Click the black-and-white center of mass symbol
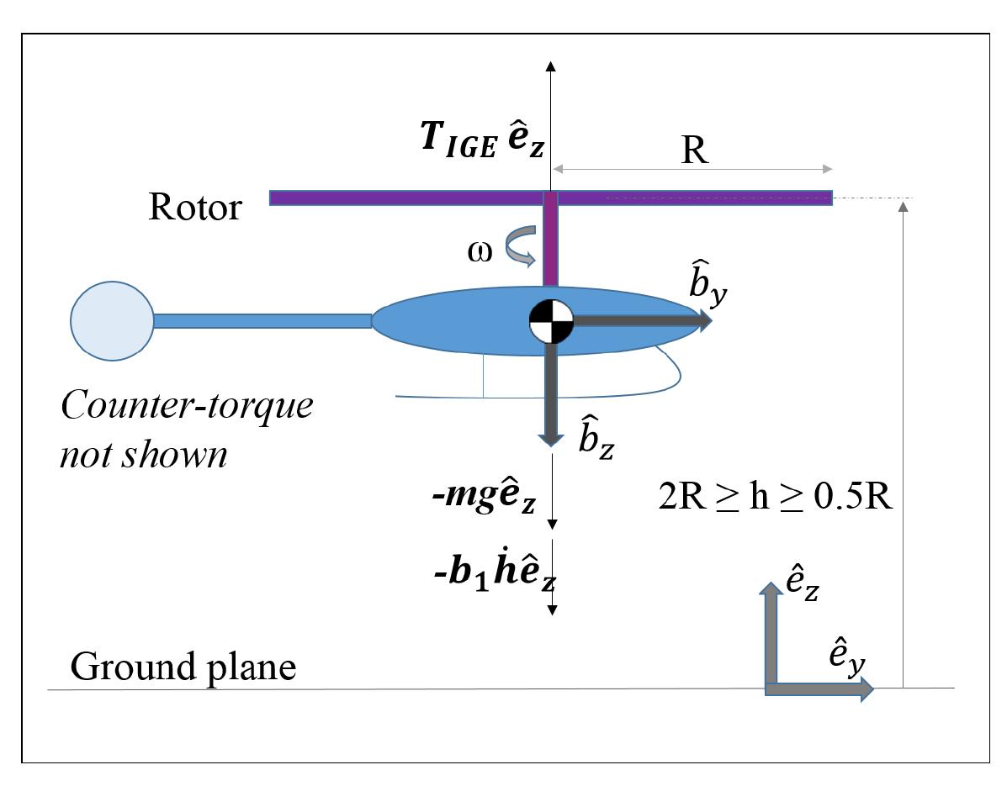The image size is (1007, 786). [551, 320]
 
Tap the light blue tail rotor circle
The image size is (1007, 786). [112, 320]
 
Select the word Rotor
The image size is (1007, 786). [194, 206]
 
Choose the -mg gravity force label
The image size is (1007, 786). [481, 502]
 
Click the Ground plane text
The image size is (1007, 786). [183, 667]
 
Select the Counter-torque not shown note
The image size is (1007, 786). [187, 429]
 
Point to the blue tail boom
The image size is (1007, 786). [262, 320]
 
